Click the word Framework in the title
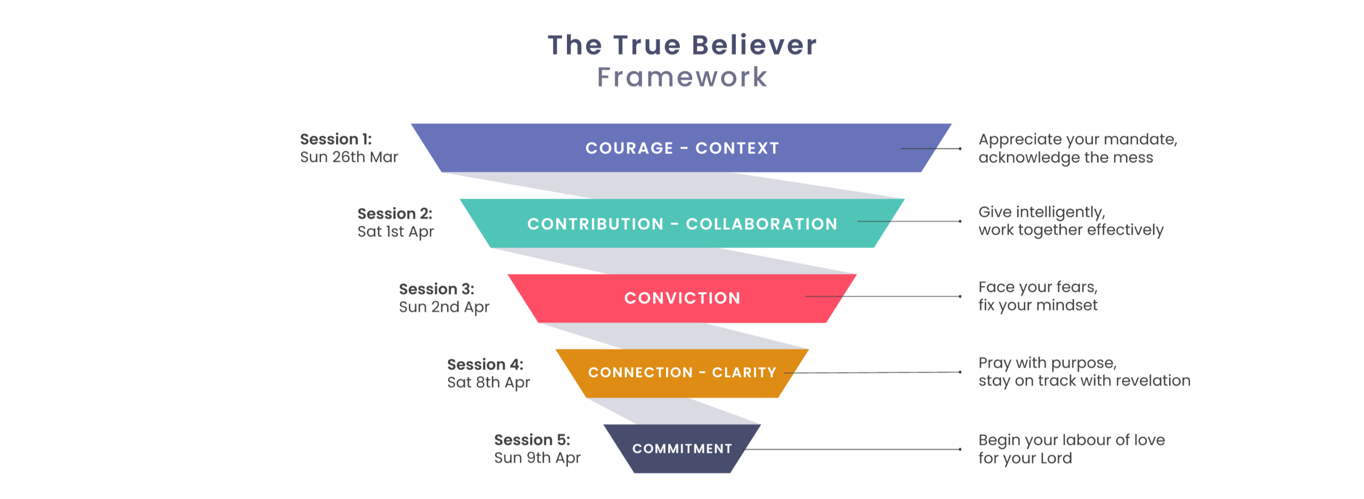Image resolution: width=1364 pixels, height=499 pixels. [682, 77]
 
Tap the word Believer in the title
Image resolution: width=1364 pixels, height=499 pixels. [754, 45]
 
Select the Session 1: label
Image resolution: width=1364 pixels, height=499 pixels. [336, 140]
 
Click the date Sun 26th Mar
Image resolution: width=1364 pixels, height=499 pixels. [349, 158]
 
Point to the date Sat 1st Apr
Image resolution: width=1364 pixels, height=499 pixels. [395, 232]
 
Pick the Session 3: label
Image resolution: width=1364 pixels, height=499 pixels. [436, 289]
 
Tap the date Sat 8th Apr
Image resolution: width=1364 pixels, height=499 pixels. [488, 382]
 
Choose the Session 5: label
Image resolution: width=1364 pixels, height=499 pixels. [532, 440]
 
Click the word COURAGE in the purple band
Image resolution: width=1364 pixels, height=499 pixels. [629, 148]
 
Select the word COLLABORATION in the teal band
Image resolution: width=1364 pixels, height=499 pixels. [761, 224]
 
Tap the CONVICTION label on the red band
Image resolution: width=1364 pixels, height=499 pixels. [682, 298]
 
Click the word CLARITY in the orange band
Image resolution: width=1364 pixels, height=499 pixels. [744, 373]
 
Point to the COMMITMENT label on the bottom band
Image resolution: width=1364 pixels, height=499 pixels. [682, 449]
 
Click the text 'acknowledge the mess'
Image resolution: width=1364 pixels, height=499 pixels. [1066, 158]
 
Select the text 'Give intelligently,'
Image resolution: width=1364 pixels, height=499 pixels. [1042, 212]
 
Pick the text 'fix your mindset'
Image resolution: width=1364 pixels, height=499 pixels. [1037, 306]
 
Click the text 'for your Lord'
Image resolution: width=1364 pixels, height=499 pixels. [1025, 459]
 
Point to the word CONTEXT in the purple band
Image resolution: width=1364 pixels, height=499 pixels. [737, 148]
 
